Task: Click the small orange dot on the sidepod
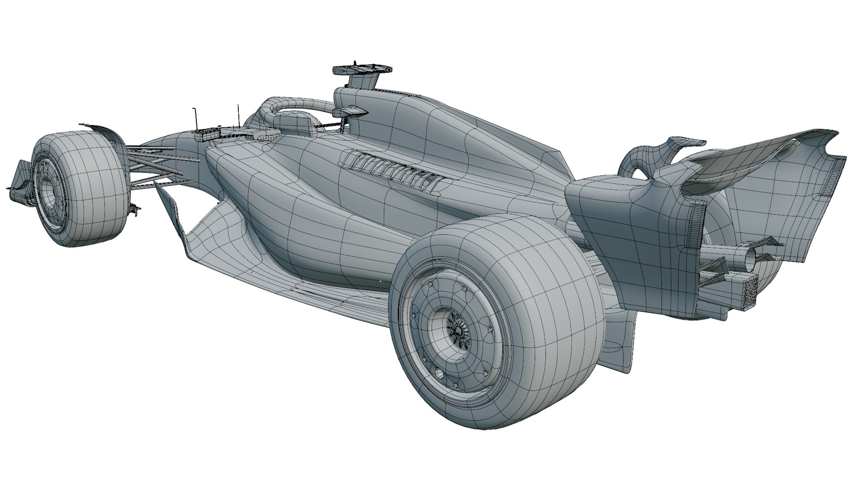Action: (380, 281)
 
